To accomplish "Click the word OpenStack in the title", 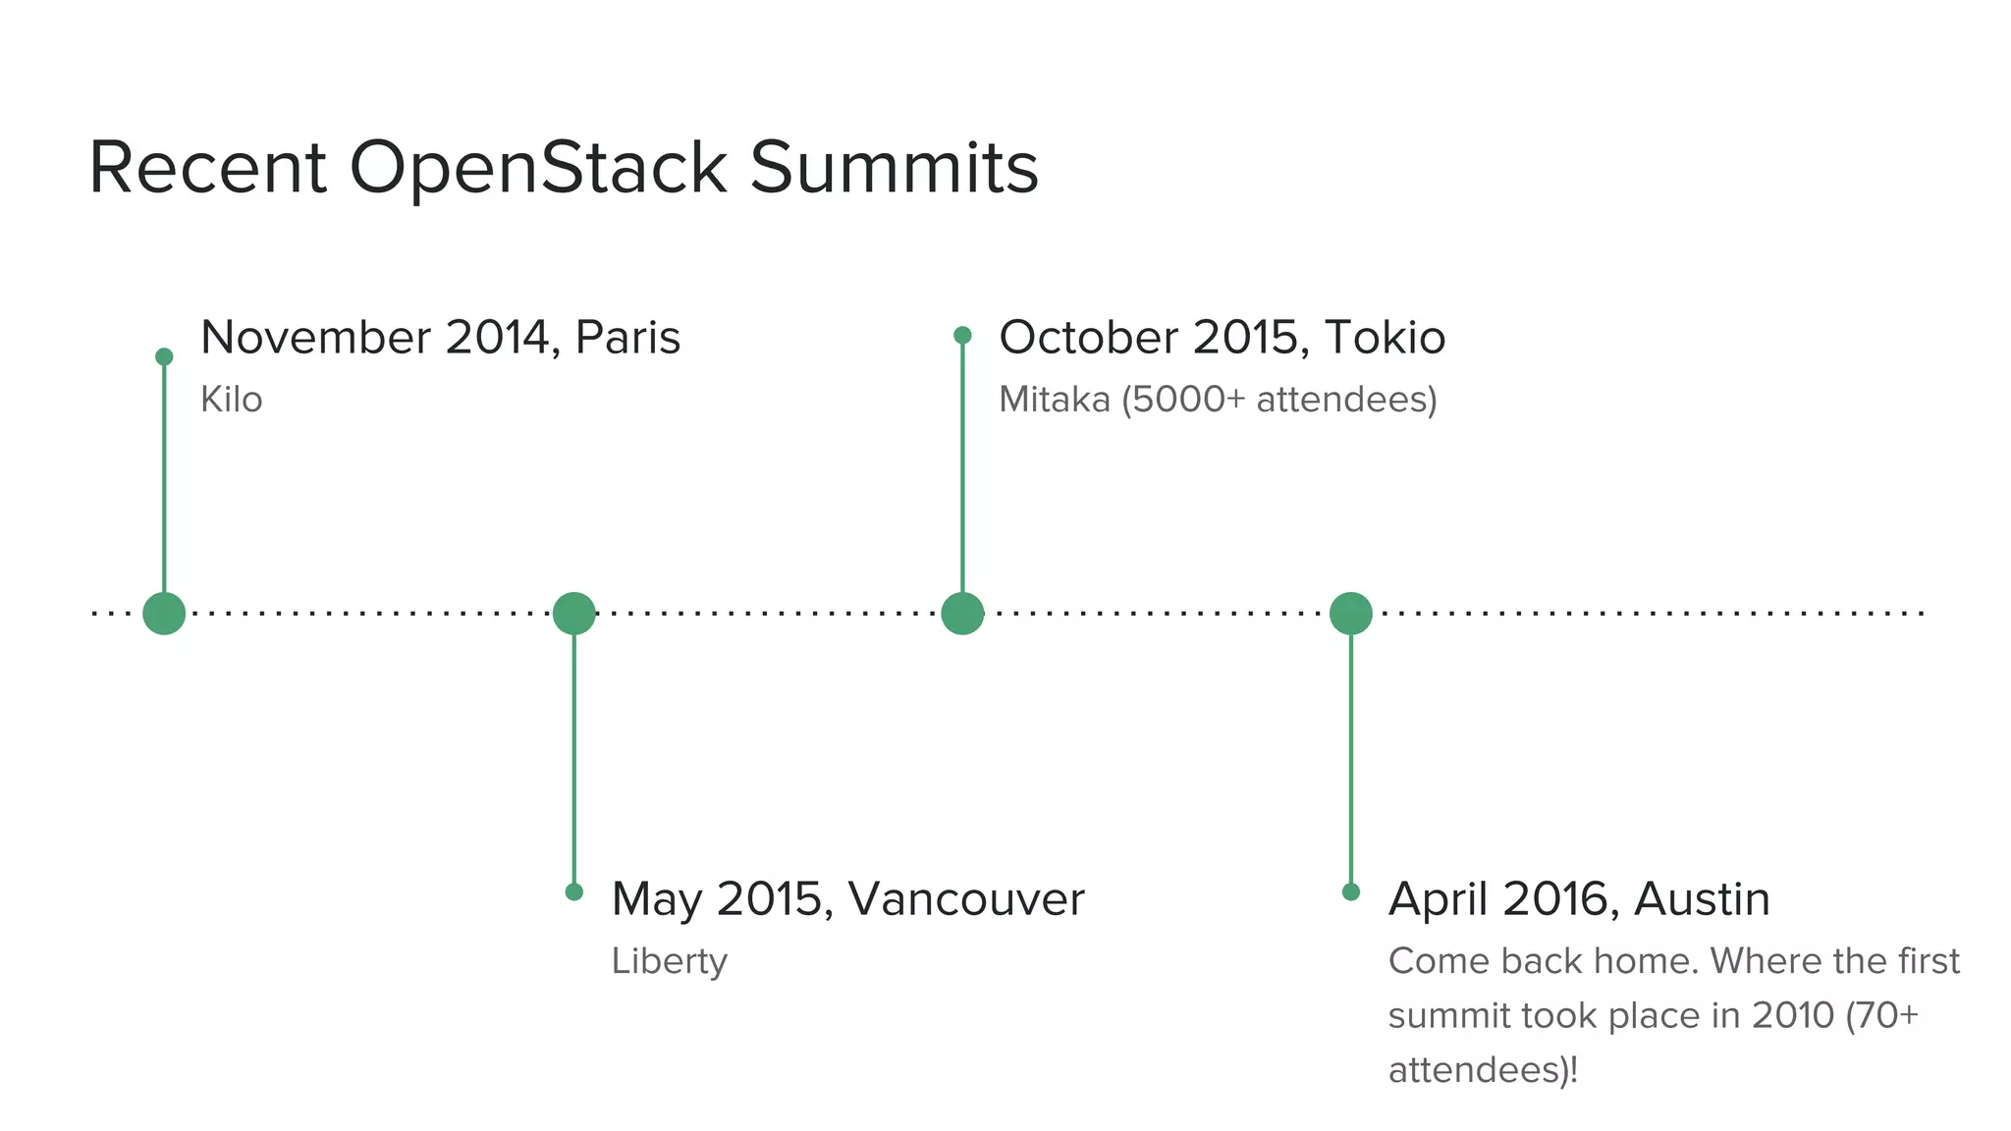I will tap(538, 169).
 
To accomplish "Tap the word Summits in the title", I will tap(894, 169).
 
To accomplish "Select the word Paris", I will tap(627, 338).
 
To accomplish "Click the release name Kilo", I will tap(231, 401).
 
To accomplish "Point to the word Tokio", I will tap(1385, 338).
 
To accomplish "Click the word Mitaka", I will tap(1054, 401).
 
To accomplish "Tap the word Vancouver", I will tap(966, 899).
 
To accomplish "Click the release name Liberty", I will tap(669, 961).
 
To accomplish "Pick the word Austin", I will tap(1702, 899).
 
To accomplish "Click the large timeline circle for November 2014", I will tap(164, 614).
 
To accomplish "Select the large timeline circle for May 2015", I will tap(574, 614).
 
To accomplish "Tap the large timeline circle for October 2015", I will tap(962, 614).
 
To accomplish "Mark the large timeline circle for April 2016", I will tap(1350, 614).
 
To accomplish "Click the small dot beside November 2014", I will tap(164, 356).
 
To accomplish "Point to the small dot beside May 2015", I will tap(574, 891).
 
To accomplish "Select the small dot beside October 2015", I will tap(962, 336).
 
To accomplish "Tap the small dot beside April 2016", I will tap(1350, 891).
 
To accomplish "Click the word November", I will tap(315, 338).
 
